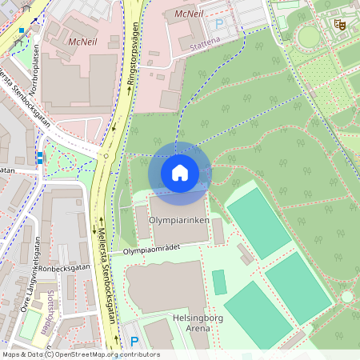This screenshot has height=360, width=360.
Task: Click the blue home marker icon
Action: click(x=180, y=173)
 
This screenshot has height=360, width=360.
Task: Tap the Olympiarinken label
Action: click(x=180, y=218)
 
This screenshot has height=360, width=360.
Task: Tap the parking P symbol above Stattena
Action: click(x=220, y=23)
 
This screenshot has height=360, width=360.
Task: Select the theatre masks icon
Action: click(x=340, y=25)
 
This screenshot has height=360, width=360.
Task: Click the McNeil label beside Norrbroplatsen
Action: click(x=83, y=40)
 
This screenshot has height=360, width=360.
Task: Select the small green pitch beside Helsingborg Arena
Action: click(x=218, y=282)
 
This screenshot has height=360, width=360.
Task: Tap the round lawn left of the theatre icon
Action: click(x=308, y=36)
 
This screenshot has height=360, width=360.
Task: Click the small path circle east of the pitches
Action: click(x=346, y=296)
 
